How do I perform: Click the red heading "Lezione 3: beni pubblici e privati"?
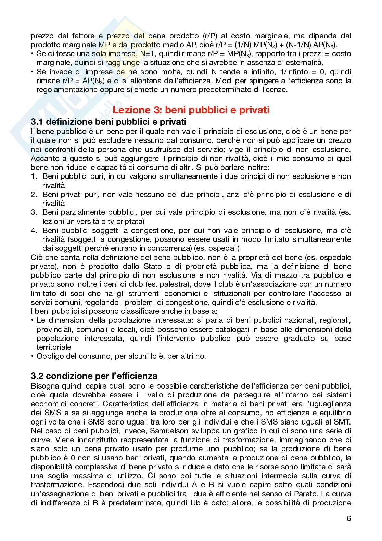tap(191, 110)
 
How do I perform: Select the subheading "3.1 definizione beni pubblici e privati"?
tap(109, 122)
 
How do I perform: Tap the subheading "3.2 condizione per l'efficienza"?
tap(94, 376)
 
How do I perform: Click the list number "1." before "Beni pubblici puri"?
tap(34, 176)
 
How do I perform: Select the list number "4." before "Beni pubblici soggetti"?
tap(34, 230)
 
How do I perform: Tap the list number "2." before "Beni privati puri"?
tap(34, 194)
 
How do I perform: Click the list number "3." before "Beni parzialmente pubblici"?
tap(34, 212)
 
